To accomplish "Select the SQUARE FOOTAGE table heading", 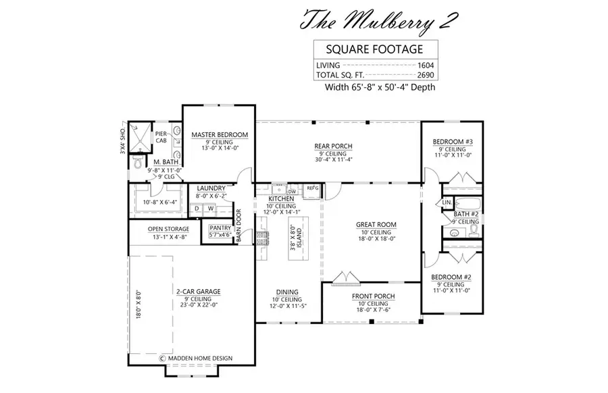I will click(376, 49).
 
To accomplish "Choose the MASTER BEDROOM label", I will click(219, 134).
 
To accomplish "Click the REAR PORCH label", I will click(333, 147).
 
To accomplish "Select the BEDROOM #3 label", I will click(453, 141).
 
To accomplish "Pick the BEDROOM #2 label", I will click(451, 278).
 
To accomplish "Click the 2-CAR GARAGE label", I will click(199, 292).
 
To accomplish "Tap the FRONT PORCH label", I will click(374, 296).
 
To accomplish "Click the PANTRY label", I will click(220, 229).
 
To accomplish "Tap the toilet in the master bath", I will click(137, 163).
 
